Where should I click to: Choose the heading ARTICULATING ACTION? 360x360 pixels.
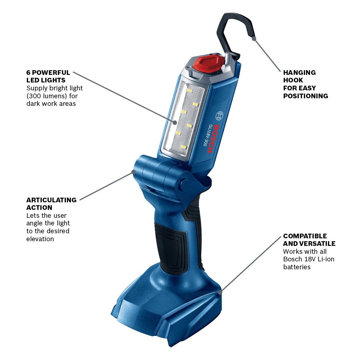(51, 204)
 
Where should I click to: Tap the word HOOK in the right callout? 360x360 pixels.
(293, 80)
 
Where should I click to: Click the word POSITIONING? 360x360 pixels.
(305, 96)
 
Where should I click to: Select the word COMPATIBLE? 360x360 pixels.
(305, 236)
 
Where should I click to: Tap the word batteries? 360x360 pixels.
(297, 267)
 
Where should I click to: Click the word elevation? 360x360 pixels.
(40, 239)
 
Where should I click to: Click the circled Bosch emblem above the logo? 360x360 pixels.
(219, 116)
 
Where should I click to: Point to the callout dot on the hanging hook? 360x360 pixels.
(254, 38)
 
